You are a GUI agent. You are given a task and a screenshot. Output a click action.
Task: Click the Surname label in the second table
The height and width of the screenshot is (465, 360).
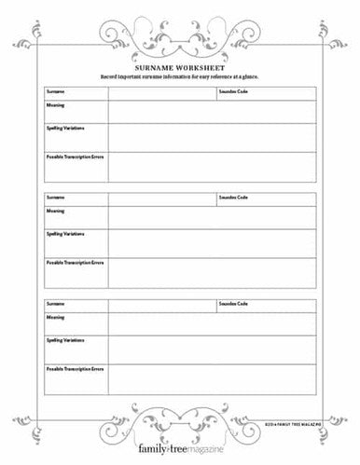pos(54,198)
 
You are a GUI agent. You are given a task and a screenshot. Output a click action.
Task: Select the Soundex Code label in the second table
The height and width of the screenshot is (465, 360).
pos(233,198)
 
